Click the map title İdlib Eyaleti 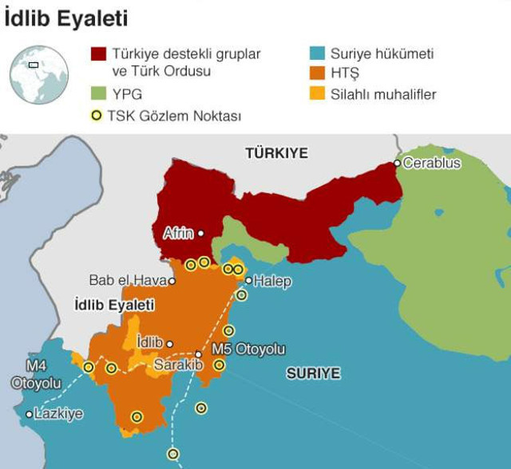coord(66,18)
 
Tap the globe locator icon coord(38,75)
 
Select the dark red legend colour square coord(98,54)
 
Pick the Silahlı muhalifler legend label coord(383,95)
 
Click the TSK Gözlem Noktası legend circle coord(97,116)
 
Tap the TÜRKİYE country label coord(276,153)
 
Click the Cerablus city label coord(432,164)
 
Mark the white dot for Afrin coord(200,234)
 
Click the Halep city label coord(272,281)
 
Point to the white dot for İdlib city coord(169,344)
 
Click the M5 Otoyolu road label coord(248,349)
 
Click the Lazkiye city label coord(58,414)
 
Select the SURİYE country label coord(314,373)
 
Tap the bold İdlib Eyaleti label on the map coord(113,305)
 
